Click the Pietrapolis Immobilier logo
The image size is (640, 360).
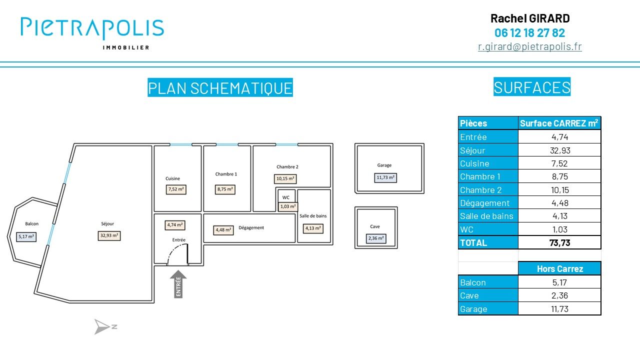[92, 32]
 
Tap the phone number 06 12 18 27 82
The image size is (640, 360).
[529, 33]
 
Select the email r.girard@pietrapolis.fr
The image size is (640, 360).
[529, 46]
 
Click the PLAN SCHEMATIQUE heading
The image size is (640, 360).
[220, 88]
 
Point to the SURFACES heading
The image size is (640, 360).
[531, 87]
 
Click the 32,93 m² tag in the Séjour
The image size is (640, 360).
[109, 235]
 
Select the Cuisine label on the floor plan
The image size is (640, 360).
[172, 178]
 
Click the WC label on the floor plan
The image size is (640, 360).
[285, 197]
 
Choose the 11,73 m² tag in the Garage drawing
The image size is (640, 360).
[385, 177]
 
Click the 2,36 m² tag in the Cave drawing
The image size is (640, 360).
[376, 238]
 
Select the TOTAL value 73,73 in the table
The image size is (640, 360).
[559, 243]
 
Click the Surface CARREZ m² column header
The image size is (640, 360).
[559, 123]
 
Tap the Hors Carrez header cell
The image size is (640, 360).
[559, 269]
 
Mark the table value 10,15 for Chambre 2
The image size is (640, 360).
[559, 190]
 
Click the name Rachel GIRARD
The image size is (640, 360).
[529, 19]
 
